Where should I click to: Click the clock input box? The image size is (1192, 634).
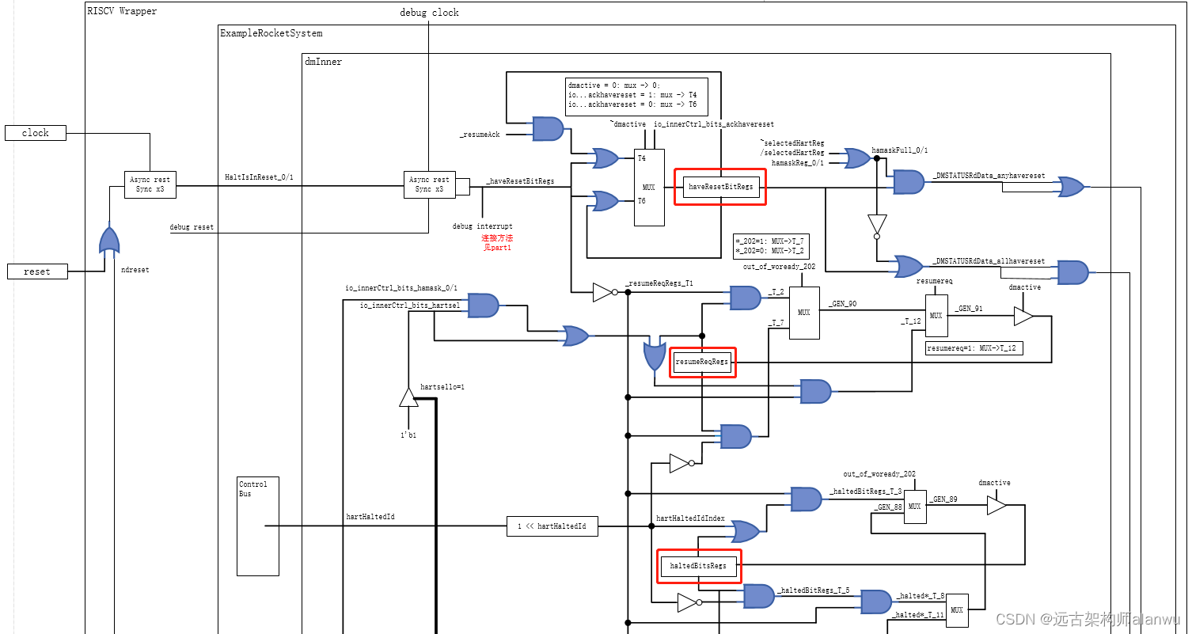point(36,133)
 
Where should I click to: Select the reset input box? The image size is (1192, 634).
point(37,271)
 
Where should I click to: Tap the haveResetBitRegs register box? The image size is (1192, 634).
point(720,187)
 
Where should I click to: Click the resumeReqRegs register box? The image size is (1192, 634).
point(702,362)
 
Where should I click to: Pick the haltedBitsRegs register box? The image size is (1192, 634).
point(698,566)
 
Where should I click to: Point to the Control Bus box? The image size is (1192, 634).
point(258,526)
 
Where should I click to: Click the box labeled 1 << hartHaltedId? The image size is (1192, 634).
point(552,526)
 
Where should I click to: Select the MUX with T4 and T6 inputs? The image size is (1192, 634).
point(649,187)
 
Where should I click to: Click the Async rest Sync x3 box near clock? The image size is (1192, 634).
point(150,184)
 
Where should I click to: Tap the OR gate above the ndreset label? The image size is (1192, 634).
point(109,239)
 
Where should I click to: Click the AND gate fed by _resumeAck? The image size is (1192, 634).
point(548,129)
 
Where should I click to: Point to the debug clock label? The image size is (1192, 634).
point(429,13)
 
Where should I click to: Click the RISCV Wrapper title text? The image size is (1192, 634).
point(122,11)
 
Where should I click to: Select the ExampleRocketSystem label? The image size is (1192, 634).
point(271,33)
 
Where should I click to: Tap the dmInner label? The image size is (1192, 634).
point(323,61)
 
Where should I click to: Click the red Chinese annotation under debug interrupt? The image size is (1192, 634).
point(497,242)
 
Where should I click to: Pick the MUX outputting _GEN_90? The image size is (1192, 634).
point(803,313)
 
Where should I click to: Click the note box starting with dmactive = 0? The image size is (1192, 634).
point(636,97)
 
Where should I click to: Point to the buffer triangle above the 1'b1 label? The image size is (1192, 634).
point(408,397)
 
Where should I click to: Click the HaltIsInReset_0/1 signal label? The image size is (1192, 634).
point(259,177)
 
